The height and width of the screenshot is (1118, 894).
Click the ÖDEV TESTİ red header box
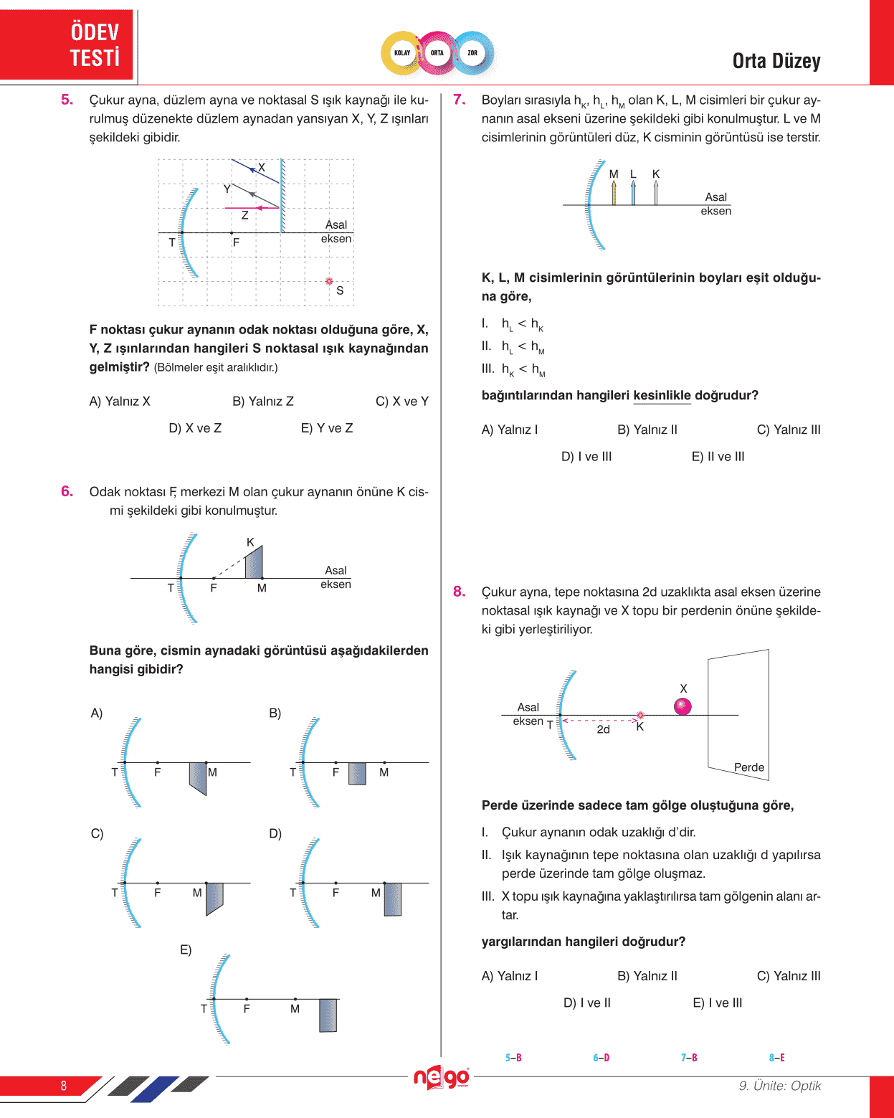[67, 44]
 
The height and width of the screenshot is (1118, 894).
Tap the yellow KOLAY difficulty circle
[402, 53]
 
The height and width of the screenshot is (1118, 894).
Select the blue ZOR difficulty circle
[472, 53]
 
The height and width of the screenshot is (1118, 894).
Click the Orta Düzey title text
[776, 62]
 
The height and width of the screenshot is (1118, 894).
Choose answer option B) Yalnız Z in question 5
[263, 402]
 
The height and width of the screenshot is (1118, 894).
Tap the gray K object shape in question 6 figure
[254, 564]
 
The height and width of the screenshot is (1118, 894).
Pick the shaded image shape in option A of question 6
[198, 777]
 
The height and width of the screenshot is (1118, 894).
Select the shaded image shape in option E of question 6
[328, 1015]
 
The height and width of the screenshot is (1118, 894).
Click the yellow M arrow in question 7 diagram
[614, 191]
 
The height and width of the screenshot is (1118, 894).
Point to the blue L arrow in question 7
[633, 191]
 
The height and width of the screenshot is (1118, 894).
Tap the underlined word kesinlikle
[662, 396]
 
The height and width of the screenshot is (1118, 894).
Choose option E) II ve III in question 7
[718, 457]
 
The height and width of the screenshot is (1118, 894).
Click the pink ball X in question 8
[683, 706]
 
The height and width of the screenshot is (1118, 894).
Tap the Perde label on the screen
[749, 767]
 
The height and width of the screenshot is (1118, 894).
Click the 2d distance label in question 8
[603, 729]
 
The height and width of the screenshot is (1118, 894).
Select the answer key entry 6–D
[601, 1058]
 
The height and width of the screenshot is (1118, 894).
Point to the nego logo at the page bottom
[442, 1077]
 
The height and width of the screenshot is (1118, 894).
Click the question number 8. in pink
[460, 592]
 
